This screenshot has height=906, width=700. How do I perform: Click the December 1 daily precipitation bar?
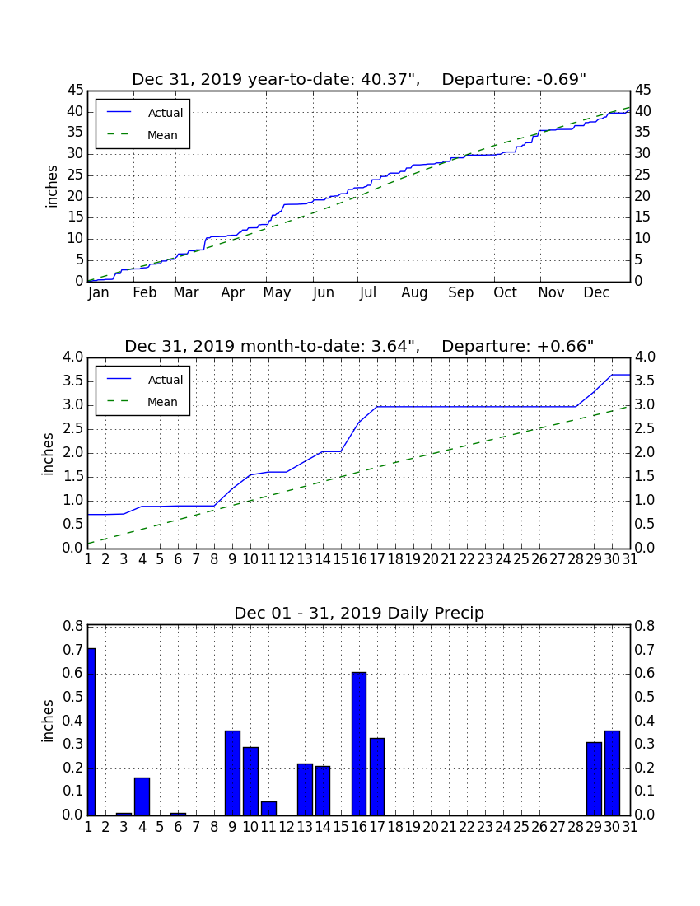[91, 731]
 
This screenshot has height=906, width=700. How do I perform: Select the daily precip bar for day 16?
[359, 744]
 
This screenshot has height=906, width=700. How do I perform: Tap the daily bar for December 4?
[142, 796]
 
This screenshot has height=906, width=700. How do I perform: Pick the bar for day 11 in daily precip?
[268, 808]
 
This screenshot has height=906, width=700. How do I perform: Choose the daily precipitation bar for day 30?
[612, 773]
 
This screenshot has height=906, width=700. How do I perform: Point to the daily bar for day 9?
[233, 773]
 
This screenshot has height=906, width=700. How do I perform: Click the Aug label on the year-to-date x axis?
[415, 293]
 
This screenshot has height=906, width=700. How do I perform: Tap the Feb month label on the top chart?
[144, 292]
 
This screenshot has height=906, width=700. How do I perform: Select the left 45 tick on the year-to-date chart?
[75, 90]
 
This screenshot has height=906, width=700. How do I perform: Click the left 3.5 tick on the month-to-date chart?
[72, 381]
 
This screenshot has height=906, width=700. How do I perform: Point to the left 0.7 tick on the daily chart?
[72, 650]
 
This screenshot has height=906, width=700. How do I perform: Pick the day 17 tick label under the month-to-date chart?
[377, 559]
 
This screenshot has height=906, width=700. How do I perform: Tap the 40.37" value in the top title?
[390, 79]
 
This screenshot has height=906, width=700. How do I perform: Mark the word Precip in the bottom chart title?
[460, 614]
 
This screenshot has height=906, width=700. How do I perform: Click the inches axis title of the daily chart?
[48, 721]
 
